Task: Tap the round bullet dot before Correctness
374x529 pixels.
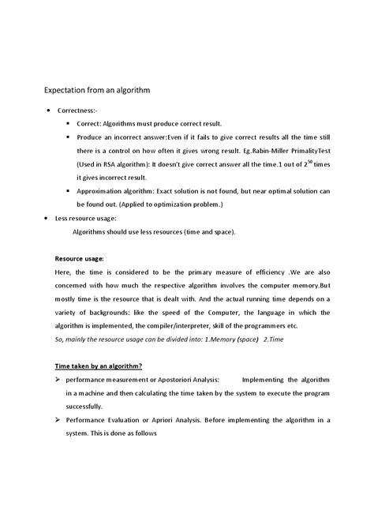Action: coord(49,111)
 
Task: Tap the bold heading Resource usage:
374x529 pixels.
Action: coord(79,258)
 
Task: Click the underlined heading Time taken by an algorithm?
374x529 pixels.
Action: coord(98,366)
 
